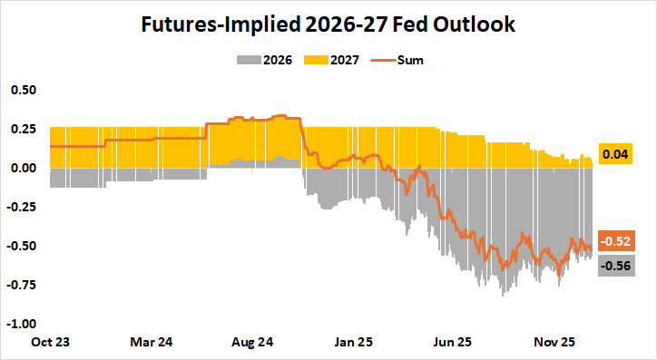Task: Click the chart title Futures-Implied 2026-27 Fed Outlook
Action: pos(328,24)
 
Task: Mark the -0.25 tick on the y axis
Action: pos(21,208)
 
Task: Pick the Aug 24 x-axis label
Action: pos(247,345)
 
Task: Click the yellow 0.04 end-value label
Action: pos(615,155)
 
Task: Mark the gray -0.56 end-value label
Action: pos(615,265)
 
